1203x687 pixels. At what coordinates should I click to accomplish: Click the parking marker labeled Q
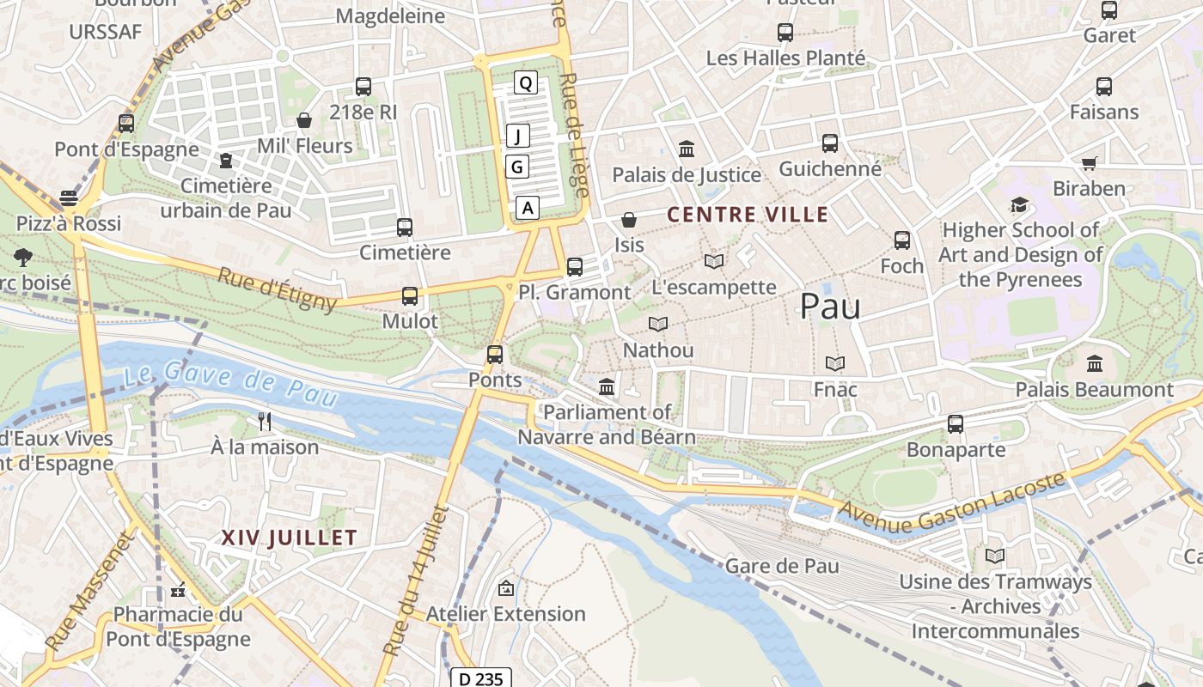pyautogui.click(x=526, y=82)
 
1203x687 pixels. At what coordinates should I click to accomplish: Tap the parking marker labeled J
pyautogui.click(x=518, y=136)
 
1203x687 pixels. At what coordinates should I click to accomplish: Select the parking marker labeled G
pyautogui.click(x=516, y=166)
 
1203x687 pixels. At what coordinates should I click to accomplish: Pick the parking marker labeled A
pyautogui.click(x=528, y=207)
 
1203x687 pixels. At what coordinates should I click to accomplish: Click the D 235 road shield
pyautogui.click(x=480, y=678)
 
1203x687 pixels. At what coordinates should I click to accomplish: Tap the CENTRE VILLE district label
pyautogui.click(x=748, y=214)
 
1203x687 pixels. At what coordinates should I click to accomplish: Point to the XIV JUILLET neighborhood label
pyautogui.click(x=289, y=538)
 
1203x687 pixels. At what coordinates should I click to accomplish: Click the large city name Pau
pyautogui.click(x=830, y=306)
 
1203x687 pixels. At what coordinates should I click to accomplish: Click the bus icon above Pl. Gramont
pyautogui.click(x=575, y=266)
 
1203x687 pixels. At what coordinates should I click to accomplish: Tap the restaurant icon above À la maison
pyautogui.click(x=265, y=421)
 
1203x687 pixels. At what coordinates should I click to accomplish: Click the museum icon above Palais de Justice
pyautogui.click(x=687, y=149)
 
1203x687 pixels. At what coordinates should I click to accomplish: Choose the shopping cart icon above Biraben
pyautogui.click(x=1089, y=162)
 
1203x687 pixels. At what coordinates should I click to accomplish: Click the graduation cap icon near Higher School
pyautogui.click(x=1019, y=204)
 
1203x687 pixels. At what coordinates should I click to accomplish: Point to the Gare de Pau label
pyautogui.click(x=782, y=565)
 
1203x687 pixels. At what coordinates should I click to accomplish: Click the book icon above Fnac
pyautogui.click(x=835, y=363)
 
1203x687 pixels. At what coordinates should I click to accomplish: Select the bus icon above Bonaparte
pyautogui.click(x=956, y=423)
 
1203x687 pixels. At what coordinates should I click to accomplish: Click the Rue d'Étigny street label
pyautogui.click(x=277, y=289)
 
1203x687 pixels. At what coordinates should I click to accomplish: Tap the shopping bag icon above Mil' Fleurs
pyautogui.click(x=304, y=119)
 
